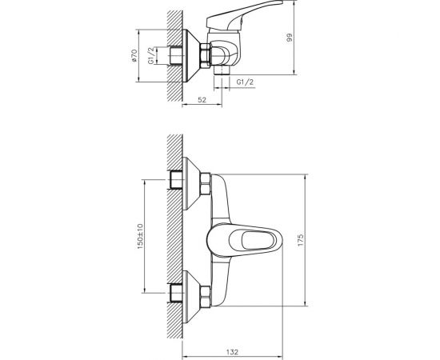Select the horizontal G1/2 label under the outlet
(x=246, y=82)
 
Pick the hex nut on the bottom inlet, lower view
(x=204, y=295)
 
